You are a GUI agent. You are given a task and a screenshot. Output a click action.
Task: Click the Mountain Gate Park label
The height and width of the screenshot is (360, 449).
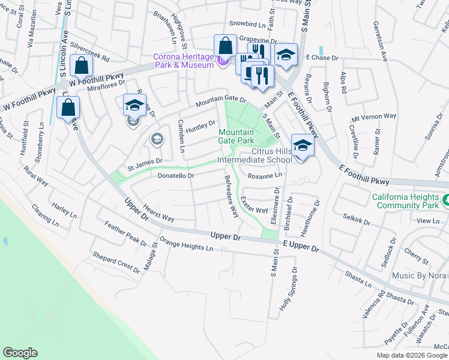[x=237, y=136]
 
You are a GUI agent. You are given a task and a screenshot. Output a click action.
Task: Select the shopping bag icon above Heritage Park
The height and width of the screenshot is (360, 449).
[x=225, y=46]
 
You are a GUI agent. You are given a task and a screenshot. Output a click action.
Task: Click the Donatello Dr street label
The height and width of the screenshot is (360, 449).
[x=176, y=176]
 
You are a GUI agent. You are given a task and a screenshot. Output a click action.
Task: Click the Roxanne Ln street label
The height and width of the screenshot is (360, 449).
[x=265, y=175]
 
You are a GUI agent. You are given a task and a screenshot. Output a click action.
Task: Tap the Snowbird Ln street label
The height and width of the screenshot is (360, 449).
[x=247, y=25]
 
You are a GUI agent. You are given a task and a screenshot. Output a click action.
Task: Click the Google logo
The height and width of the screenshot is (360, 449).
[x=20, y=353]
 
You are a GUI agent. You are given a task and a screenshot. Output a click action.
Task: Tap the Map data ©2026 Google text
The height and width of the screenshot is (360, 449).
[x=411, y=355]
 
